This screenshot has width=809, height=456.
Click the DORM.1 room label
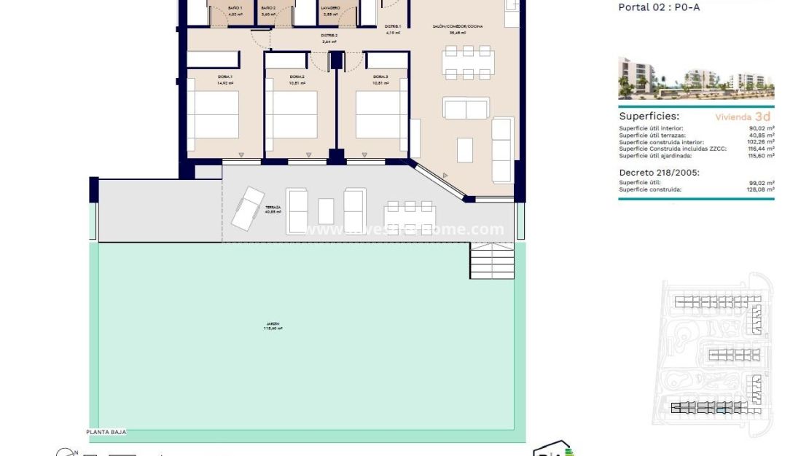[x=224, y=76]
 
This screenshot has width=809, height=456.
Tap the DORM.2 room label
[x=297, y=76]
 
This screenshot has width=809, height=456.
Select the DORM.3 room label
[x=380, y=76]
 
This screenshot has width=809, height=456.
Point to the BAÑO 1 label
[x=235, y=8]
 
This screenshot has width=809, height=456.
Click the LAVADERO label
[x=329, y=8]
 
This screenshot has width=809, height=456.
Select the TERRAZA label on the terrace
[x=273, y=207]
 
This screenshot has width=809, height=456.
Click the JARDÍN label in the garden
[x=273, y=323]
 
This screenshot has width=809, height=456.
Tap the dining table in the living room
[x=468, y=63]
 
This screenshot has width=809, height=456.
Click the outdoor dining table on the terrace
[x=409, y=216]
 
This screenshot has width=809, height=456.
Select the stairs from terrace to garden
[x=492, y=260]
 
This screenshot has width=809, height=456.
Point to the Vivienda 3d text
[x=743, y=116]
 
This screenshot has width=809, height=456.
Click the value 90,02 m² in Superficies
[x=762, y=128]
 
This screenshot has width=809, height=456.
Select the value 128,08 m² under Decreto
[x=760, y=189]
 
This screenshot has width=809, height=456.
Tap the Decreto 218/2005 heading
[x=659, y=173]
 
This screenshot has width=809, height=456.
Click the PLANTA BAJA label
[x=106, y=432]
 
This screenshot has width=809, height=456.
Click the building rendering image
[x=696, y=78]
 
